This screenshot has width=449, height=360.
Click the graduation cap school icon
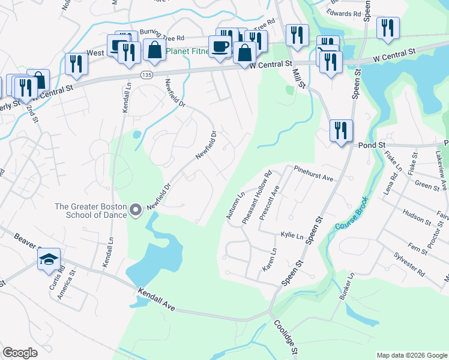click(x=49, y=260)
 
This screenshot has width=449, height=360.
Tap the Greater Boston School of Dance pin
click(x=136, y=209)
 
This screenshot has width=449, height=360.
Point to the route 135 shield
click(x=146, y=74)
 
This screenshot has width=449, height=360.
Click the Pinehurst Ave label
click(x=313, y=174)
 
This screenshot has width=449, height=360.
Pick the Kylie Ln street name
click(x=292, y=236)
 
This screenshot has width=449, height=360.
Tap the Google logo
click(x=20, y=353)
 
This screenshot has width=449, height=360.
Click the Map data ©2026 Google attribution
click(x=411, y=355)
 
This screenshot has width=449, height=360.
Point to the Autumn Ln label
click(x=235, y=205)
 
